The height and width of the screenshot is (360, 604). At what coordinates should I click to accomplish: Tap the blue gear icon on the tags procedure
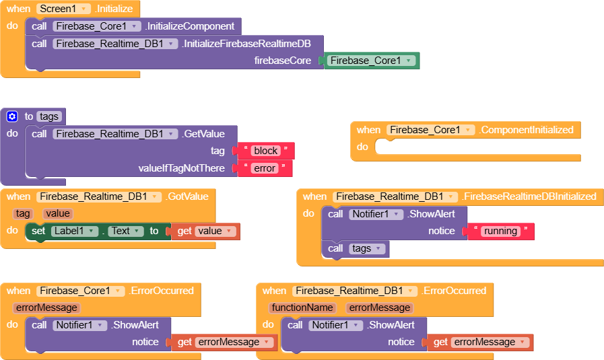[12, 116]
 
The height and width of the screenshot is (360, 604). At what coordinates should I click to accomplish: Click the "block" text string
[267, 151]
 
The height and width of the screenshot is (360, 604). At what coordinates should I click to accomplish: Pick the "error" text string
[265, 168]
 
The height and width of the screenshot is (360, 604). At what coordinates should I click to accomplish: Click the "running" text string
[500, 231]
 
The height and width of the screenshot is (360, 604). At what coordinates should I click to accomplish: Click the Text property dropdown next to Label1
[125, 231]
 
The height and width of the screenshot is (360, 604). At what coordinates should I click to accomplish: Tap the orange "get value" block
[205, 231]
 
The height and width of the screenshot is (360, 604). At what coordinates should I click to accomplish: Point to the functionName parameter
[302, 308]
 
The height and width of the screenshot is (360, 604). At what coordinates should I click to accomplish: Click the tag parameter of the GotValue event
[23, 213]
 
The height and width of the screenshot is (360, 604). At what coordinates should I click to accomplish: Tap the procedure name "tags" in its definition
[49, 116]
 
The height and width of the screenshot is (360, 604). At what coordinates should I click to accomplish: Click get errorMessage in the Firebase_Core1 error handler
[226, 342]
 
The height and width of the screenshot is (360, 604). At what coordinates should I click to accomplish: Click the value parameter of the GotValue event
[58, 213]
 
